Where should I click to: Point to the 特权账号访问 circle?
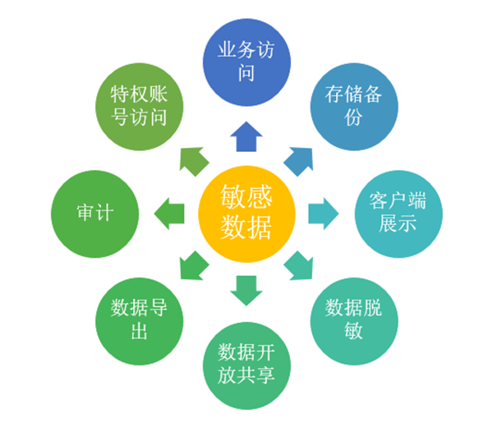click(138, 104)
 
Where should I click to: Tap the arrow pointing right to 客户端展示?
click(322, 212)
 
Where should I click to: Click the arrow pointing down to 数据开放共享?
click(245, 289)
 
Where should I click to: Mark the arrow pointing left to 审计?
click(169, 212)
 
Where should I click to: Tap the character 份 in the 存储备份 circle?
click(353, 117)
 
